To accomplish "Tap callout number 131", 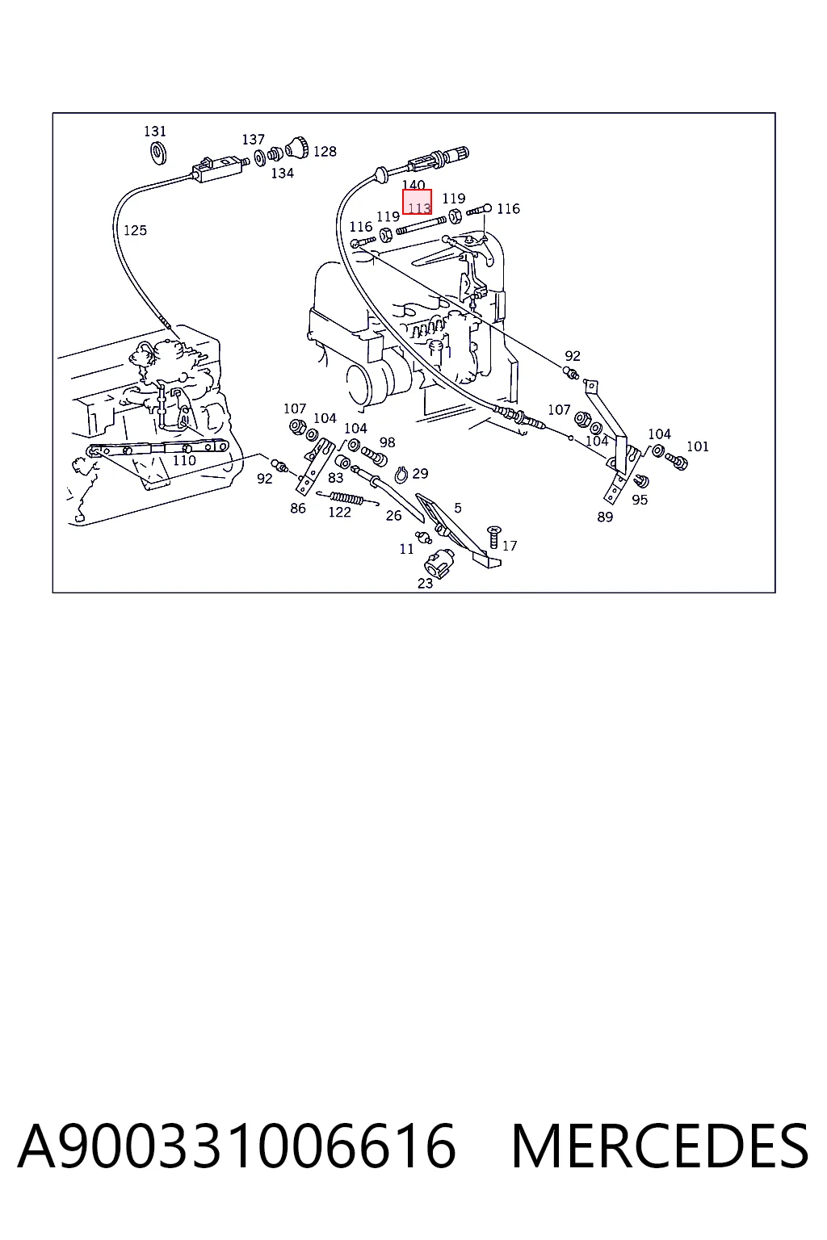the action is pyautogui.click(x=155, y=132).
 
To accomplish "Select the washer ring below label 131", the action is pyautogui.click(x=159, y=153).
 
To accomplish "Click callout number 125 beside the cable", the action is pyautogui.click(x=135, y=230).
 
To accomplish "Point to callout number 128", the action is pyautogui.click(x=325, y=151).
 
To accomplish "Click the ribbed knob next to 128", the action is pyautogui.click(x=297, y=147).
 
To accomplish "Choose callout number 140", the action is pyautogui.click(x=413, y=185).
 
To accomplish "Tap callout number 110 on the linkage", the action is pyautogui.click(x=184, y=460).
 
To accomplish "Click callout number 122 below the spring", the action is pyautogui.click(x=339, y=512).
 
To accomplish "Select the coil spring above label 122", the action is pyautogui.click(x=346, y=498).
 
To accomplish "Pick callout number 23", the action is pyautogui.click(x=426, y=583).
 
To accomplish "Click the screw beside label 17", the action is pyautogui.click(x=493, y=536).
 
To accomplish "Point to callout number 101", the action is pyautogui.click(x=698, y=446).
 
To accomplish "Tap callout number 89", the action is pyautogui.click(x=605, y=517).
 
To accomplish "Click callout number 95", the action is pyautogui.click(x=640, y=500).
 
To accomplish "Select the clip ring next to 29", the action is pyautogui.click(x=401, y=475).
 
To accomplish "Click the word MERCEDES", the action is pyautogui.click(x=659, y=1146).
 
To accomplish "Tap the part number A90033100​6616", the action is pyautogui.click(x=237, y=1146).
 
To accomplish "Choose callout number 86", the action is pyautogui.click(x=298, y=508).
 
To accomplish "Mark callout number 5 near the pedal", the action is pyautogui.click(x=458, y=508).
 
